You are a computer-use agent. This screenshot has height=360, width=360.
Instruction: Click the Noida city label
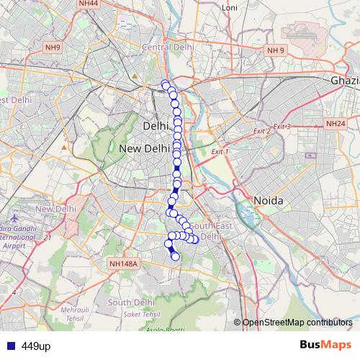pos(267,199)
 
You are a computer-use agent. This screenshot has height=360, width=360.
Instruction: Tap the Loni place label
pos(230,7)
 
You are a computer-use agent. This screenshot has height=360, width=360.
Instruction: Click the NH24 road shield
pos(335,124)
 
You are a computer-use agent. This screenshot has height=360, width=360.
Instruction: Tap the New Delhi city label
pos(143,148)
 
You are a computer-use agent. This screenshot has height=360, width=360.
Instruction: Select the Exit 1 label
pos(220,152)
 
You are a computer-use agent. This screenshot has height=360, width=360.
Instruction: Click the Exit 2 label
pos(261,131)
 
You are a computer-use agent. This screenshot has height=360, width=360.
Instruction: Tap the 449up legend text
pos(35,346)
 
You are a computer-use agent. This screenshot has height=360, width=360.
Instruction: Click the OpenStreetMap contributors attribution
pos(297,322)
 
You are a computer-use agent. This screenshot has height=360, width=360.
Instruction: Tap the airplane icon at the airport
pos(6,217)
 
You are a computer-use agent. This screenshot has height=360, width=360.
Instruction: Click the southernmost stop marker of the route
pos(175,256)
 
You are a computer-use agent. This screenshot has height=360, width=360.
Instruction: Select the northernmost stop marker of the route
pos(166,84)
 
